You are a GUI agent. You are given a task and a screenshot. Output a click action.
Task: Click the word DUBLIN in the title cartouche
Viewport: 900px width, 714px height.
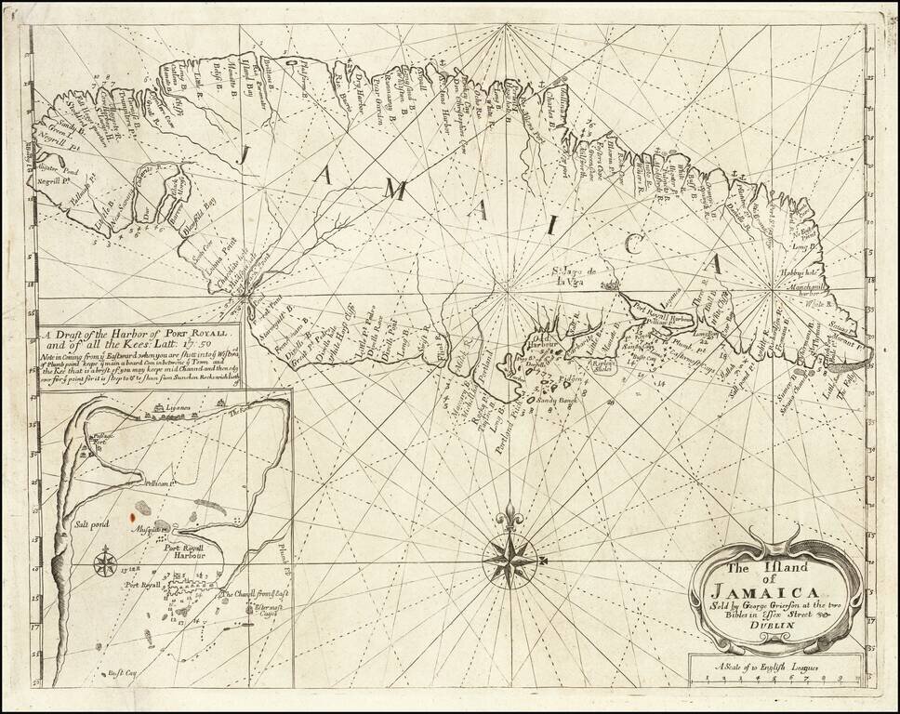(774, 626)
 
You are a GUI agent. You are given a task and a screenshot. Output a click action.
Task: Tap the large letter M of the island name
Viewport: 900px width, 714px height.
(397, 191)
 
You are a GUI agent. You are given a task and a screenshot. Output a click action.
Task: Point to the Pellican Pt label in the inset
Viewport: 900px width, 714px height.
(160, 484)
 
